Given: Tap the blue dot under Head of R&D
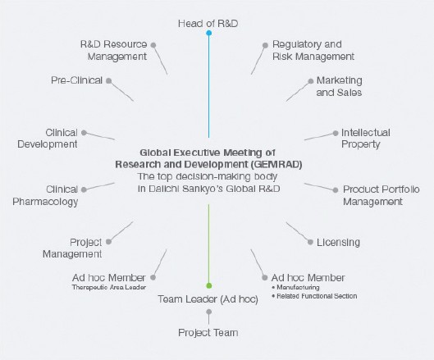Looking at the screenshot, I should [x=209, y=34].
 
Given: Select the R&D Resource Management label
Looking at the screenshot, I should [x=113, y=50].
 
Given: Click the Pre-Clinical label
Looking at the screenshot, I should [x=76, y=80].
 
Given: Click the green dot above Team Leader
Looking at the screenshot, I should [x=209, y=285].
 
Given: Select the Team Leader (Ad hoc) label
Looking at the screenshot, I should [x=208, y=298].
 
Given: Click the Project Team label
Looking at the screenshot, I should [x=208, y=332].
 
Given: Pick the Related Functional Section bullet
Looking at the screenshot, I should [x=318, y=296].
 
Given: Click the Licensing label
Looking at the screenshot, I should [x=337, y=243].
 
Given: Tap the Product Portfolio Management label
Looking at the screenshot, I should [x=380, y=194].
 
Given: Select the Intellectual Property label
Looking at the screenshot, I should [x=365, y=138].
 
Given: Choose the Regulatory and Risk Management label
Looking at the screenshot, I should [x=313, y=50].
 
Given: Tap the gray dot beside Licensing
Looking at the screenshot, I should [x=309, y=242].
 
